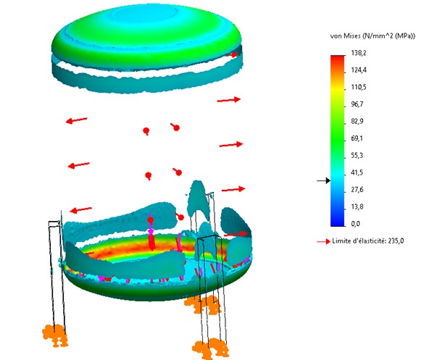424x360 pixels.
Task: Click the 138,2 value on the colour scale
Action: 359,53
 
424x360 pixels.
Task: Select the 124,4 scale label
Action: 359,70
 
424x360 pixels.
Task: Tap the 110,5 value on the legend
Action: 359,87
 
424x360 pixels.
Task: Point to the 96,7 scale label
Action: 357,104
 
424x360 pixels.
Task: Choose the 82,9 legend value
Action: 357,121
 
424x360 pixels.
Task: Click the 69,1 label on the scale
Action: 357,138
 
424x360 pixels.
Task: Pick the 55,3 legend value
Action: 357,156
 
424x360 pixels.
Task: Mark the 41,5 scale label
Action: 357,172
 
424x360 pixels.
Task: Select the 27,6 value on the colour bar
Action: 357,190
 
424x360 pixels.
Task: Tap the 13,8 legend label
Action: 357,206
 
